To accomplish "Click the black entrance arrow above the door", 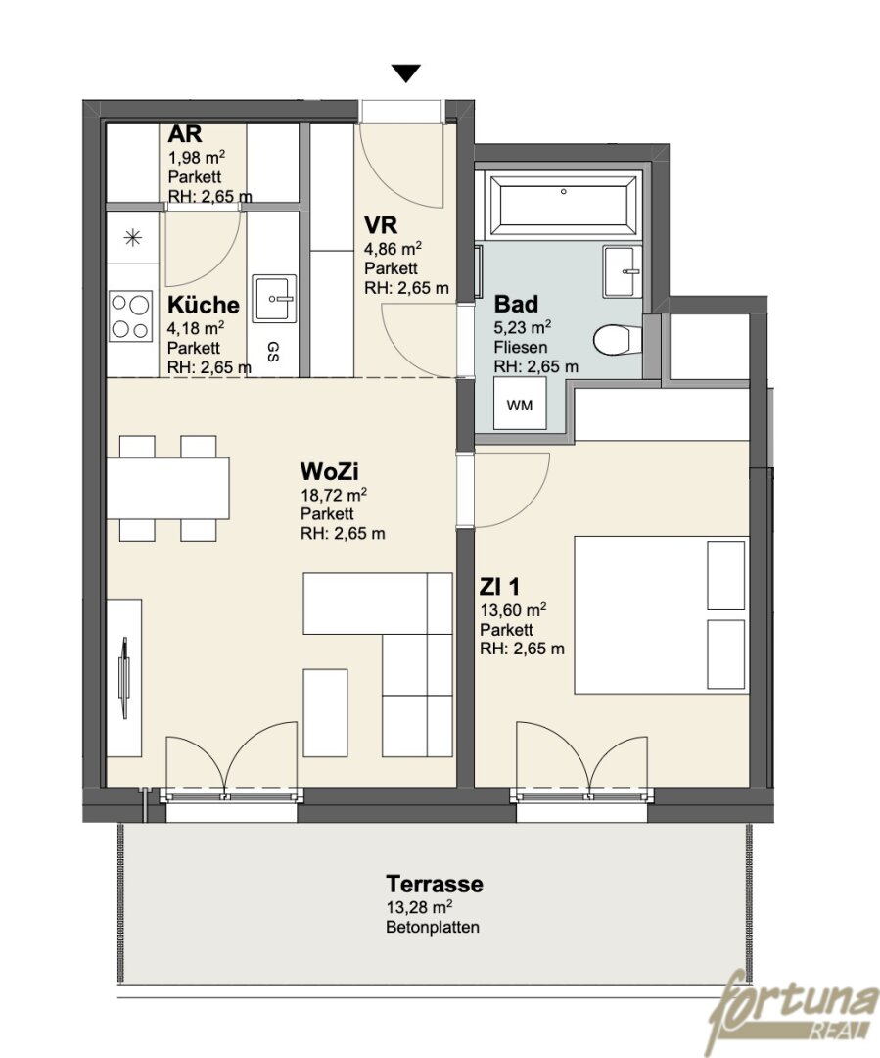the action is pyautogui.click(x=406, y=72).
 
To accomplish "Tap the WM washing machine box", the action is pyautogui.click(x=519, y=404).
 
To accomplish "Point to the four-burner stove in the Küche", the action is pyautogui.click(x=131, y=316).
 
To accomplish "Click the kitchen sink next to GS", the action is pyautogui.click(x=274, y=298).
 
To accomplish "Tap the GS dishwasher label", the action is pyautogui.click(x=273, y=351).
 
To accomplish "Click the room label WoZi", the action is pyautogui.click(x=329, y=470).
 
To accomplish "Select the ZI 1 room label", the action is pyautogui.click(x=499, y=587).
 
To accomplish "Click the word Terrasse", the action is pyautogui.click(x=435, y=884).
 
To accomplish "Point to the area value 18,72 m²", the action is pyautogui.click(x=334, y=495).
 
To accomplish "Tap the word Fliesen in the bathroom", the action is pyautogui.click(x=521, y=348).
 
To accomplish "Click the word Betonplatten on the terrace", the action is pyautogui.click(x=433, y=927).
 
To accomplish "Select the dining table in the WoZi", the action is pyautogui.click(x=167, y=488).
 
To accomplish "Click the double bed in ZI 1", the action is pyautogui.click(x=662, y=614).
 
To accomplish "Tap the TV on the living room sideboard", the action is pyautogui.click(x=124, y=678).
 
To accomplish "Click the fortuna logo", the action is pyautogui.click(x=793, y=1009).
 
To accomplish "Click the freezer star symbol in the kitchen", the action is pyautogui.click(x=133, y=237).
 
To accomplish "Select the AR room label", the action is pyautogui.click(x=185, y=133).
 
